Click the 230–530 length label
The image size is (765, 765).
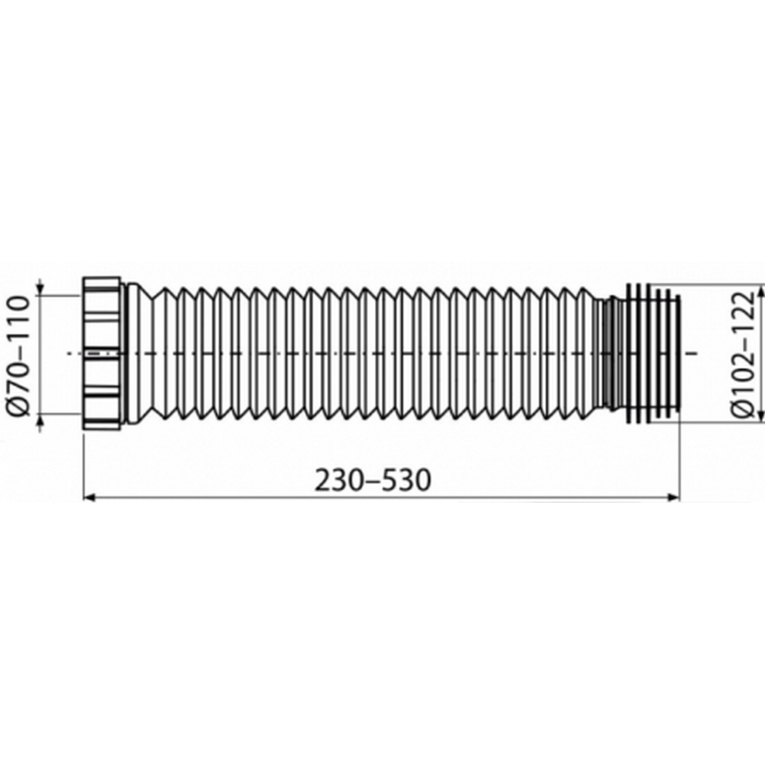pyautogui.click(x=373, y=479)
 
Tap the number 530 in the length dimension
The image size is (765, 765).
pyautogui.click(x=406, y=479)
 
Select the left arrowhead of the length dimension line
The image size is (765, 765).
pyautogui.click(x=90, y=497)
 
